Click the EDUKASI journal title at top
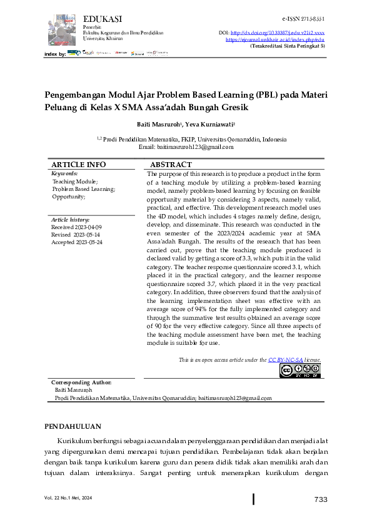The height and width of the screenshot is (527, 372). click(x=102, y=19)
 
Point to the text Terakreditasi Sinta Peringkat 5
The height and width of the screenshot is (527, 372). click(x=287, y=46)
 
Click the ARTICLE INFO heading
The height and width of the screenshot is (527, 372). click(x=78, y=165)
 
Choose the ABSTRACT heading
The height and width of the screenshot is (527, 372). click(x=171, y=165)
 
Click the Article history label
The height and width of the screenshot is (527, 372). click(x=70, y=220)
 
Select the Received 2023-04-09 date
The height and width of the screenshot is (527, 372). click(x=76, y=227)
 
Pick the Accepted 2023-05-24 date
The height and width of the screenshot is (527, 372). click(x=77, y=242)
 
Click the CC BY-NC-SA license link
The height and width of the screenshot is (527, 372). click(x=286, y=360)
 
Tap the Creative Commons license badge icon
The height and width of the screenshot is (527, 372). click(x=299, y=371)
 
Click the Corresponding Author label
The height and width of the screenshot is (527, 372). click(x=81, y=382)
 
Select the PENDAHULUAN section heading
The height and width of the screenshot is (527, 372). click(x=73, y=426)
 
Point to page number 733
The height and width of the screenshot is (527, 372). click(x=321, y=499)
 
